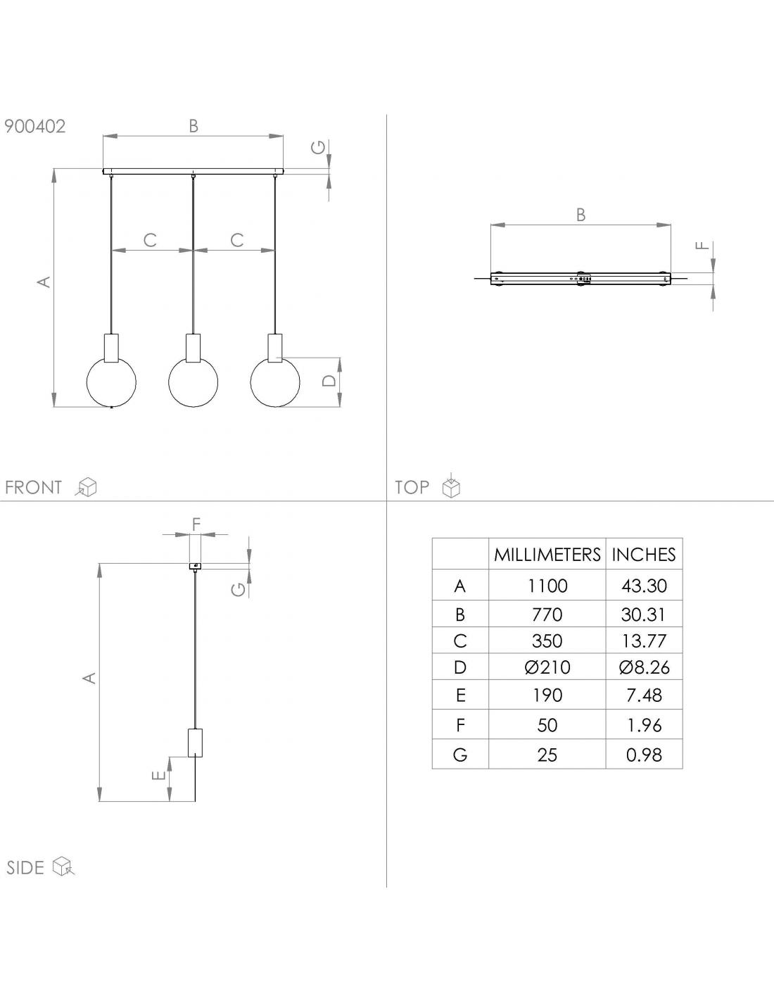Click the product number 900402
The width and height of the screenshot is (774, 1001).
coord(35,126)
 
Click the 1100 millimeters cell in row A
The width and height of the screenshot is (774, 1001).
coord(547,586)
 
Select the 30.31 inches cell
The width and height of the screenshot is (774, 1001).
coord(643,615)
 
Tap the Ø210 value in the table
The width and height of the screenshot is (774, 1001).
coord(547,667)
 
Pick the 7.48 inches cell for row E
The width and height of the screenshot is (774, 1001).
coord(644,695)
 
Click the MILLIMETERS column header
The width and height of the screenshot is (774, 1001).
coord(547,555)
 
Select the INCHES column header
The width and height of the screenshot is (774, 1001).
coord(644,555)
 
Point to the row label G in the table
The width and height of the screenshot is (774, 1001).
coord(460,755)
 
